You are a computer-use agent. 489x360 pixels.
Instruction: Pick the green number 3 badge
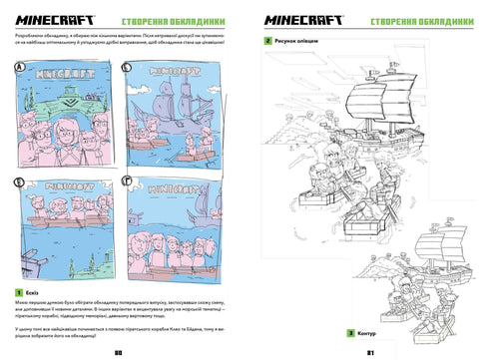point(350,331)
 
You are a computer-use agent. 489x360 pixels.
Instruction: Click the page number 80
point(118,351)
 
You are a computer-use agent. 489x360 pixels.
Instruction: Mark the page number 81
point(370,351)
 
